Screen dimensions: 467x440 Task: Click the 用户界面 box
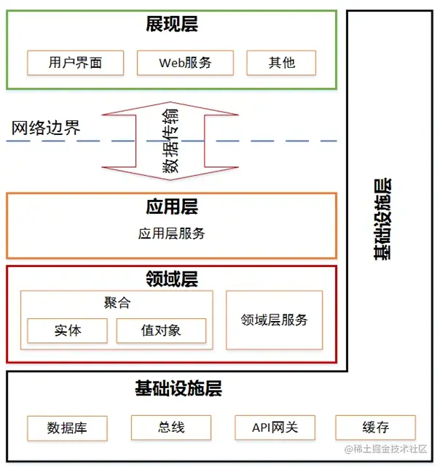[x=76, y=62]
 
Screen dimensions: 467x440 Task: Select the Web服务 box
[x=185, y=62]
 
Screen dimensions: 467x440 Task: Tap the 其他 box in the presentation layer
[x=281, y=62]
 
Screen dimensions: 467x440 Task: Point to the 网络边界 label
[x=46, y=129]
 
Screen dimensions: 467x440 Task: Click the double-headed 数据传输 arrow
[x=171, y=141]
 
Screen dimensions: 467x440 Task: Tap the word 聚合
[x=117, y=303]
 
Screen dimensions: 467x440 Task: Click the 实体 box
[x=67, y=331]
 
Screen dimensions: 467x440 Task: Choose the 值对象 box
[x=161, y=331]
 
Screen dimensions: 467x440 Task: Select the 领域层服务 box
[x=274, y=320]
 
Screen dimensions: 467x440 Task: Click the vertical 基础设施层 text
[x=382, y=219]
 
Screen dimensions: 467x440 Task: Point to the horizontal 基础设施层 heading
[x=178, y=388]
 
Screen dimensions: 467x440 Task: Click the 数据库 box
[x=67, y=428]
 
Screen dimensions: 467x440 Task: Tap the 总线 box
[x=170, y=427]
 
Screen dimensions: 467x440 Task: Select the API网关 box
[x=275, y=427]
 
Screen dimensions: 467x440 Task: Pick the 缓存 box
[x=375, y=427]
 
